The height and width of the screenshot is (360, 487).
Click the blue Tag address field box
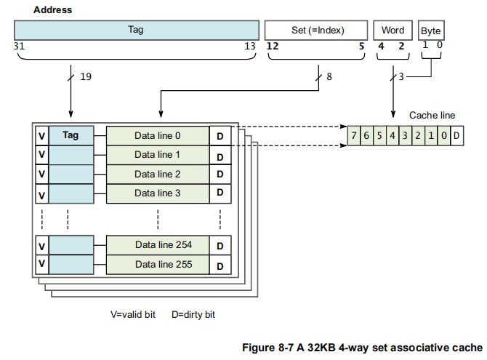[136, 30]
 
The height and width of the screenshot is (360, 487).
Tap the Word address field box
[393, 30]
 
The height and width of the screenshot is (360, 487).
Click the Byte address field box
[430, 31]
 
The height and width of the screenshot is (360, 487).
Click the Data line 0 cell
[158, 135]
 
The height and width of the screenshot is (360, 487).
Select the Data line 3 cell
[158, 193]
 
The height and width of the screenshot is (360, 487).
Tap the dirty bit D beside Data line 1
[220, 156]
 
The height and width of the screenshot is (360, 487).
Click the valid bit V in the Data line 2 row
[42, 175]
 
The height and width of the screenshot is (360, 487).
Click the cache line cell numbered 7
[353, 136]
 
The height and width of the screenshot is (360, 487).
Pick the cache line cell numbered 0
[443, 136]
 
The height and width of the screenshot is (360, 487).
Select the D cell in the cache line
[456, 136]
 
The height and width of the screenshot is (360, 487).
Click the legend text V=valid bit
[133, 315]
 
